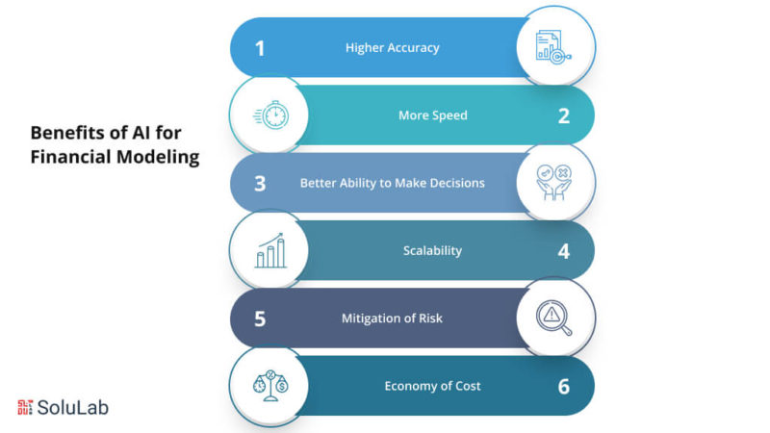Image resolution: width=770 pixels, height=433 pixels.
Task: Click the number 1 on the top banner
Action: pos(260,48)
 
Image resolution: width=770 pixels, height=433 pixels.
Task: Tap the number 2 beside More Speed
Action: pos(564,115)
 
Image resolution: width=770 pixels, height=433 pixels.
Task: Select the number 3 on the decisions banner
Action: pos(260,184)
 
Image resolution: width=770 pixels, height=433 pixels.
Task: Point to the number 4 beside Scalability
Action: pos(564,251)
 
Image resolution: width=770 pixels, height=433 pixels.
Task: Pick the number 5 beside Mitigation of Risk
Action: pos(260,319)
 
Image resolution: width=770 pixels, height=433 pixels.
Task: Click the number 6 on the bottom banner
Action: pos(564,387)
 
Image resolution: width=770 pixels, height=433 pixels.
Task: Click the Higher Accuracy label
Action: pos(393,47)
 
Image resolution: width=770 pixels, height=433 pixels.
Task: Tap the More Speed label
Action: pos(432,115)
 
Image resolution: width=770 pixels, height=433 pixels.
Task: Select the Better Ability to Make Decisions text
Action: pos(393,183)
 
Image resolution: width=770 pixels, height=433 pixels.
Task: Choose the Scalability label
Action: pos(432,251)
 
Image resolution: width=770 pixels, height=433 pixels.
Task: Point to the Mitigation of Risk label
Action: pos(392,318)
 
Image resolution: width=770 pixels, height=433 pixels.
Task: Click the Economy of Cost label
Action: pos(432,386)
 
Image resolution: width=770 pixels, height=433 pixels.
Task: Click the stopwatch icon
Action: pos(271,115)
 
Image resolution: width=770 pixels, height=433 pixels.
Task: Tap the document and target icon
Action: pos(553,47)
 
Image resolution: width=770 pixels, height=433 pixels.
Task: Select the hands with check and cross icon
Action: pos(553,183)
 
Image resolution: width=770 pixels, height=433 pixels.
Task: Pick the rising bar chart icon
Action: pos(270,250)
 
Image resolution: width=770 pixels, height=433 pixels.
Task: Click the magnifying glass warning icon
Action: pos(554,318)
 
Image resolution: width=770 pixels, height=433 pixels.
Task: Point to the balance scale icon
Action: pos(270,386)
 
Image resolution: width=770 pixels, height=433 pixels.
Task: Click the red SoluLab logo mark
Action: pos(25,407)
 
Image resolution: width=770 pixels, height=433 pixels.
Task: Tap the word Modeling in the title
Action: pos(158,157)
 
